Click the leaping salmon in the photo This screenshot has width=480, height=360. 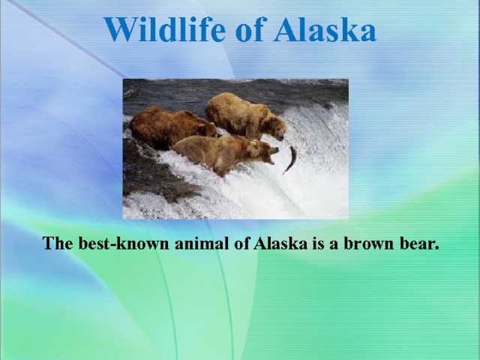(x=289, y=159)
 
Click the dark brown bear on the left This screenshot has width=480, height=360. (x=169, y=126)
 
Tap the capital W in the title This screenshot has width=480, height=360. (x=119, y=30)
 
